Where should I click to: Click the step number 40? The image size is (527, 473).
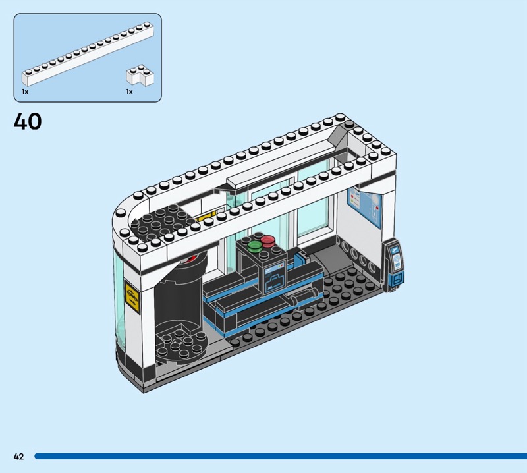coord(28,121)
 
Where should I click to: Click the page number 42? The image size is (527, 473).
coord(19,456)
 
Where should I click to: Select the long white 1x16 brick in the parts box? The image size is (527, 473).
coord(88,53)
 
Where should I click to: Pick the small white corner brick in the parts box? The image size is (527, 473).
coord(140,74)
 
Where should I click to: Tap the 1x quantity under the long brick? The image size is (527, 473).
coord(25,92)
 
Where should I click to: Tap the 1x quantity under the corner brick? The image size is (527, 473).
coord(129,92)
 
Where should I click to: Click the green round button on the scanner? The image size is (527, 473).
coord(254,246)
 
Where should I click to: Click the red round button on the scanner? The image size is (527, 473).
coord(267,240)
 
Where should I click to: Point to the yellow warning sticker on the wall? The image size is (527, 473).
coord(132,298)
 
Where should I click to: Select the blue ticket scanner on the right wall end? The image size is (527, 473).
coord(393,265)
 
